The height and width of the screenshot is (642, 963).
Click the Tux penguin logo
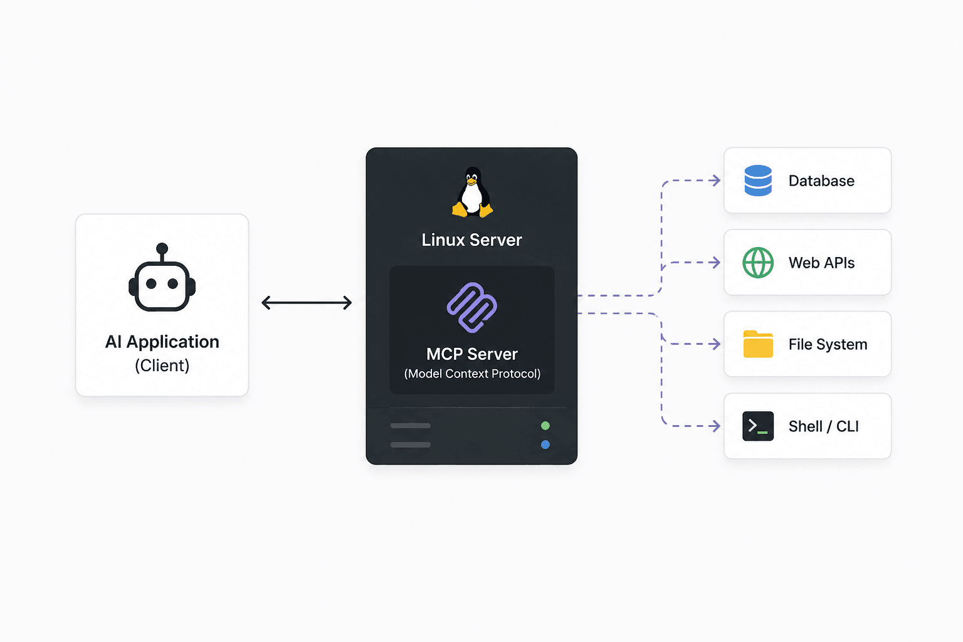[472, 192]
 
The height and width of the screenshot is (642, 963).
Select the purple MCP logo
[471, 307]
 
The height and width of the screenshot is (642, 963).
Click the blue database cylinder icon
[758, 181]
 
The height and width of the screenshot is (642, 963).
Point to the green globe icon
[758, 262]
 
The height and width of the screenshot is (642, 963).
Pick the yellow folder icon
[758, 344]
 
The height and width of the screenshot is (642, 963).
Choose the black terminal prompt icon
[758, 426]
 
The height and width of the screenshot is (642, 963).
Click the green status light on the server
[545, 426]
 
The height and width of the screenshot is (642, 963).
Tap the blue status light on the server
[545, 445]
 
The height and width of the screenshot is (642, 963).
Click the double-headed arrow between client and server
[307, 303]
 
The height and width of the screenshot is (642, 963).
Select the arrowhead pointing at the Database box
[716, 181]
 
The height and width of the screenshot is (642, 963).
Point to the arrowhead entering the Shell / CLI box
[716, 426]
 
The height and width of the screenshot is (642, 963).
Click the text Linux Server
[471, 240]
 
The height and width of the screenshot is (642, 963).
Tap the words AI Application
[162, 342]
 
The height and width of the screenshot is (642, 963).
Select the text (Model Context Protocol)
[472, 374]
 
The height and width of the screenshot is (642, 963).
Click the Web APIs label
[821, 263]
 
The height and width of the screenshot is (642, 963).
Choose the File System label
[828, 344]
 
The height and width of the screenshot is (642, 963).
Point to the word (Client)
[162, 366]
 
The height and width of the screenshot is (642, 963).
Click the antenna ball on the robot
[162, 248]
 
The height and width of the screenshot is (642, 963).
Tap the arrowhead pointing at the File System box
[716, 344]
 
